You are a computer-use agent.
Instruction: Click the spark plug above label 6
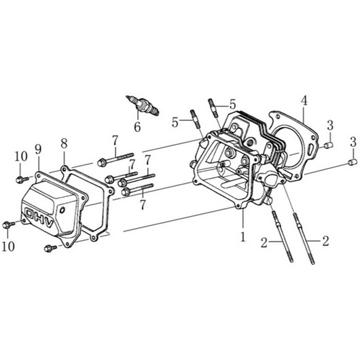tap(143, 105)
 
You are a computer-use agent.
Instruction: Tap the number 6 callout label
tap(137, 127)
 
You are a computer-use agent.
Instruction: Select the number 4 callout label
tap(304, 101)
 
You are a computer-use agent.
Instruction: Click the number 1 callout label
tap(242, 236)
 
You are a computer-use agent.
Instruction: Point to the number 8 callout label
tap(64, 143)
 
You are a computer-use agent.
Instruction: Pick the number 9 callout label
tap(38, 149)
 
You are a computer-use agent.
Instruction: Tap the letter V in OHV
tap(50, 223)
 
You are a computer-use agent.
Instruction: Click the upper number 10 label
tap(21, 157)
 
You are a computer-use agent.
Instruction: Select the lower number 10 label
tap(8, 246)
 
